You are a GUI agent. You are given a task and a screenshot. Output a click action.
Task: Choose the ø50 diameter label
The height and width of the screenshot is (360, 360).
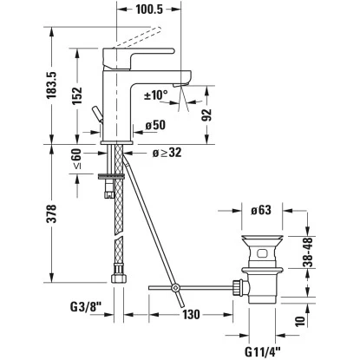click(155, 126)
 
